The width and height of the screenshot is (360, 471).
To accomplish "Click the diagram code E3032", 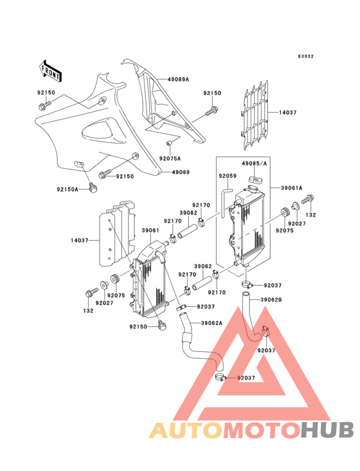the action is pyautogui.click(x=306, y=56).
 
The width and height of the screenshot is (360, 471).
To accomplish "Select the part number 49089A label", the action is pyautogui.click(x=178, y=80).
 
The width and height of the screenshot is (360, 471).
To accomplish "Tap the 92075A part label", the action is pyautogui.click(x=170, y=158).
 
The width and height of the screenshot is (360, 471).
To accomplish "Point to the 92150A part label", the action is pyautogui.click(x=67, y=189).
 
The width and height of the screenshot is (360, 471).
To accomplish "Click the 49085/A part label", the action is pyautogui.click(x=255, y=163).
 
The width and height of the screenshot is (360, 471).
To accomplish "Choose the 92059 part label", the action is pyautogui.click(x=228, y=176).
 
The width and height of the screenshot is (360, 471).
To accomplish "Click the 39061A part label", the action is pyautogui.click(x=292, y=188).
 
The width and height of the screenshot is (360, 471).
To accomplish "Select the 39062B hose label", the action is pyautogui.click(x=271, y=300).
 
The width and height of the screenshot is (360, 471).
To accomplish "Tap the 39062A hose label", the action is pyautogui.click(x=212, y=323).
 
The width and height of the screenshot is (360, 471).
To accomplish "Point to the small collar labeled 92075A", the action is pyautogui.click(x=169, y=142).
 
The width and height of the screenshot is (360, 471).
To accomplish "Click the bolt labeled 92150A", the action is pyautogui.click(x=93, y=188).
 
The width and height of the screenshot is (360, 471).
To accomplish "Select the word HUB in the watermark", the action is pyautogui.click(x=328, y=430).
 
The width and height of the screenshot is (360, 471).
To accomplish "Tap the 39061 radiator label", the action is pyautogui.click(x=150, y=231).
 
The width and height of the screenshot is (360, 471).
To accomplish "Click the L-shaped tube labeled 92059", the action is pyautogui.click(x=225, y=201).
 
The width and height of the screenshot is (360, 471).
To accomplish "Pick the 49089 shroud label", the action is pyautogui.click(x=181, y=172).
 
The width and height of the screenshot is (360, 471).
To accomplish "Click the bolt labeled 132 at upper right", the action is pyautogui.click(x=307, y=199).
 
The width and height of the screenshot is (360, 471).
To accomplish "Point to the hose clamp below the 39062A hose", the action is pyautogui.click(x=221, y=377).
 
